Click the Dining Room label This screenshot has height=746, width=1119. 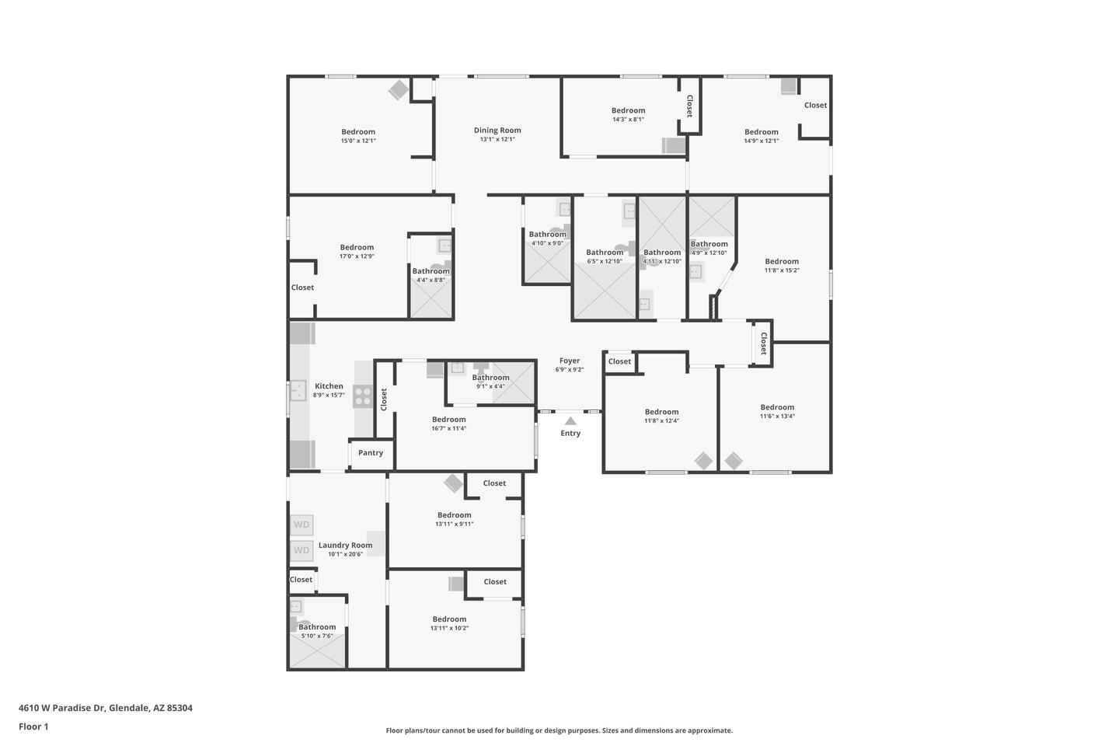pos(497,131)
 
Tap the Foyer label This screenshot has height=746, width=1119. pos(570,361)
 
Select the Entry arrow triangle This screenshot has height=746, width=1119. pos(570,421)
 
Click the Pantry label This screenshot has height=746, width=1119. pos(371,453)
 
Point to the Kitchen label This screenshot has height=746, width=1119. pos(329,386)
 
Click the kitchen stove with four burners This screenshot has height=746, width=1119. pos(363,396)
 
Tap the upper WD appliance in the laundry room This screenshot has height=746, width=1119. pos(302,525)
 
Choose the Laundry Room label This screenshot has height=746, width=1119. pos(345,546)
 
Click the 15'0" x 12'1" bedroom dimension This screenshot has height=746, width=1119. pos(358,141)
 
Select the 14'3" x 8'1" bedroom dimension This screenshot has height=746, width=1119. pos(628,120)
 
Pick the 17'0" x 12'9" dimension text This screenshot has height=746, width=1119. pos(357,256)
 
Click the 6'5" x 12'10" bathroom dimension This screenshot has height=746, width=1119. pos(605,261)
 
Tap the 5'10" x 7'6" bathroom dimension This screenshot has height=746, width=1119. pos(317,636)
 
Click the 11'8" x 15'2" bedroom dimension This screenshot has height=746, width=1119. pos(782,270)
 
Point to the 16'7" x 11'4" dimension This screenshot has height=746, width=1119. pos(449,428)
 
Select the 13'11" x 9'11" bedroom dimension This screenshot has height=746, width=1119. pos(454,525)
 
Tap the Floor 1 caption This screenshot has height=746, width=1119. pos(33,727)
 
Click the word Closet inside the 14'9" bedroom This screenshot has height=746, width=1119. pos(815,106)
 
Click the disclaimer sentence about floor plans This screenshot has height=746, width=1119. pos(559,730)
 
